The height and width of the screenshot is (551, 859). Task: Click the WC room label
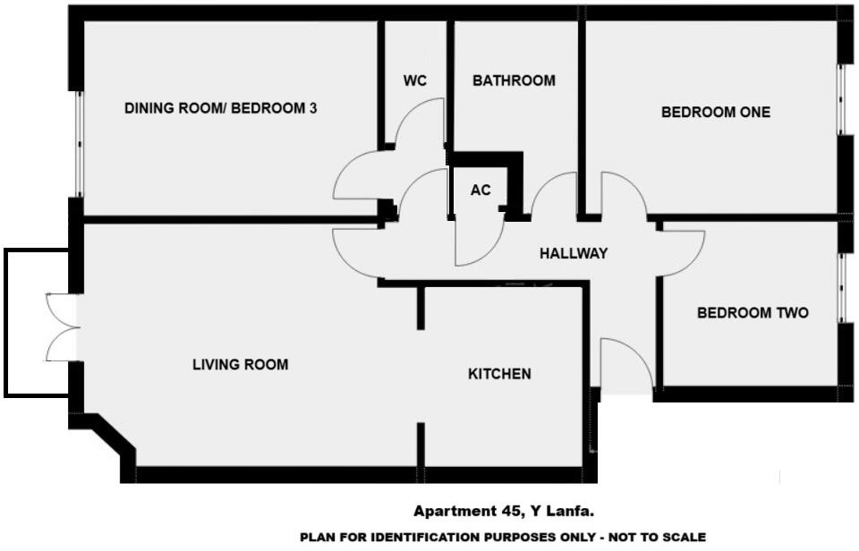[414, 81]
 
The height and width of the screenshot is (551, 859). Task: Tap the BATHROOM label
[514, 81]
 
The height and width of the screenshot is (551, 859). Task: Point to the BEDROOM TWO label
[753, 313]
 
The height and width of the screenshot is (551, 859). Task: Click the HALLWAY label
[574, 254]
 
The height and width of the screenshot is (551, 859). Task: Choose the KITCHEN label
[499, 374]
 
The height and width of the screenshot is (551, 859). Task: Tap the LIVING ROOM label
[241, 365]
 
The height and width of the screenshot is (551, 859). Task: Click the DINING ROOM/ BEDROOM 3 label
[221, 108]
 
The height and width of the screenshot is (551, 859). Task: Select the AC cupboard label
[479, 190]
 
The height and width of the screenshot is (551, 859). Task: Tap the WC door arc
[421, 121]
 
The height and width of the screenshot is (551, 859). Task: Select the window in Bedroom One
[841, 99]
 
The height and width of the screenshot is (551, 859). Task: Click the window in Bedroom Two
[841, 287]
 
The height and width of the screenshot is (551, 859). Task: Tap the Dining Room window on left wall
[79, 144]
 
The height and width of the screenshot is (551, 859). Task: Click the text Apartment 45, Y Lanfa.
[504, 511]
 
